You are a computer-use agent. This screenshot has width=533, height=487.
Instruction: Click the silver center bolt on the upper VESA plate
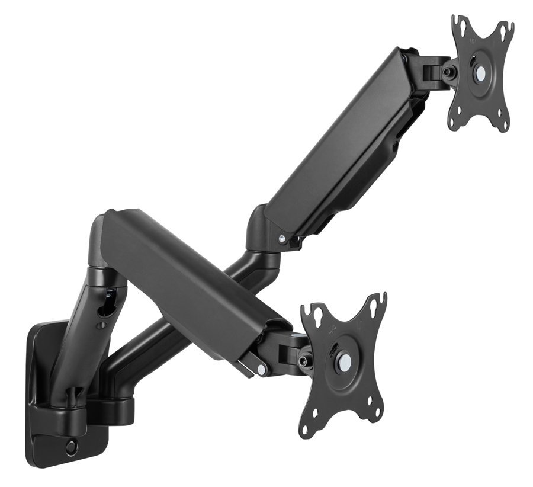click(x=480, y=73)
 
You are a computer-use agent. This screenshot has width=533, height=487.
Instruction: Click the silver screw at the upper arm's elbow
click(x=282, y=238)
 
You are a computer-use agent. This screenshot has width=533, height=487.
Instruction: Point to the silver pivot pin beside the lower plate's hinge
click(x=261, y=369)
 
